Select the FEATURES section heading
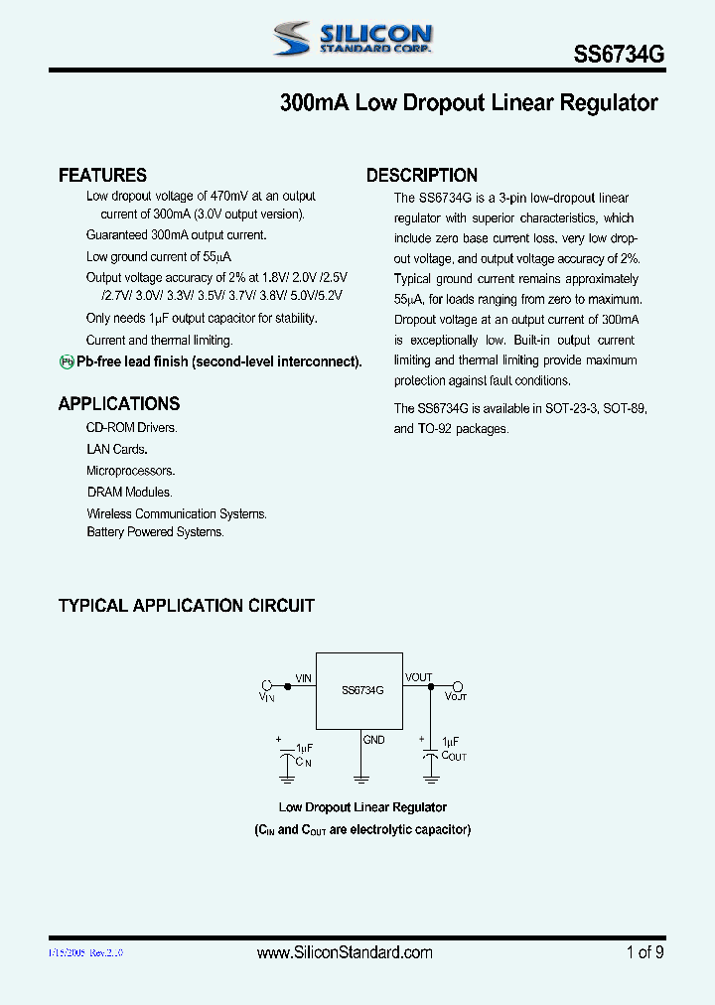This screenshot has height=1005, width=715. (x=102, y=176)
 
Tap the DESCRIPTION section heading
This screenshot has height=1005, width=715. (x=422, y=176)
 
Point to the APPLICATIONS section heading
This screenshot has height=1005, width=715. (x=119, y=404)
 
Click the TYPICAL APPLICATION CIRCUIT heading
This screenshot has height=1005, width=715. (x=187, y=606)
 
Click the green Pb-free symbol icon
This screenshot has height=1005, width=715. (x=67, y=362)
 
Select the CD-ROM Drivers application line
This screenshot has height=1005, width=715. (x=131, y=428)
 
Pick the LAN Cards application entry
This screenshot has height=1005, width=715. (x=117, y=450)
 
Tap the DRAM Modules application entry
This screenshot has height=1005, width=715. (x=129, y=493)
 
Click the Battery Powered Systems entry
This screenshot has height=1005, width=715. (x=155, y=532)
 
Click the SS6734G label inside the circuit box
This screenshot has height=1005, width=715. (x=362, y=689)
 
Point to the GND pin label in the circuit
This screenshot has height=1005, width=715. (x=373, y=740)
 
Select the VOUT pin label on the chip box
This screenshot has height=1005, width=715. (x=419, y=677)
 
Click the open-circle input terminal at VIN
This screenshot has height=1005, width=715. (x=266, y=685)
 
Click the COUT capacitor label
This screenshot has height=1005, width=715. (x=454, y=757)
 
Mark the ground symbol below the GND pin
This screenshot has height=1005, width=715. (x=358, y=778)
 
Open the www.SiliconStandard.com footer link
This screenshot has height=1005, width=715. (x=345, y=952)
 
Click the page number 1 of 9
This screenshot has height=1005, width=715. (x=644, y=952)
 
